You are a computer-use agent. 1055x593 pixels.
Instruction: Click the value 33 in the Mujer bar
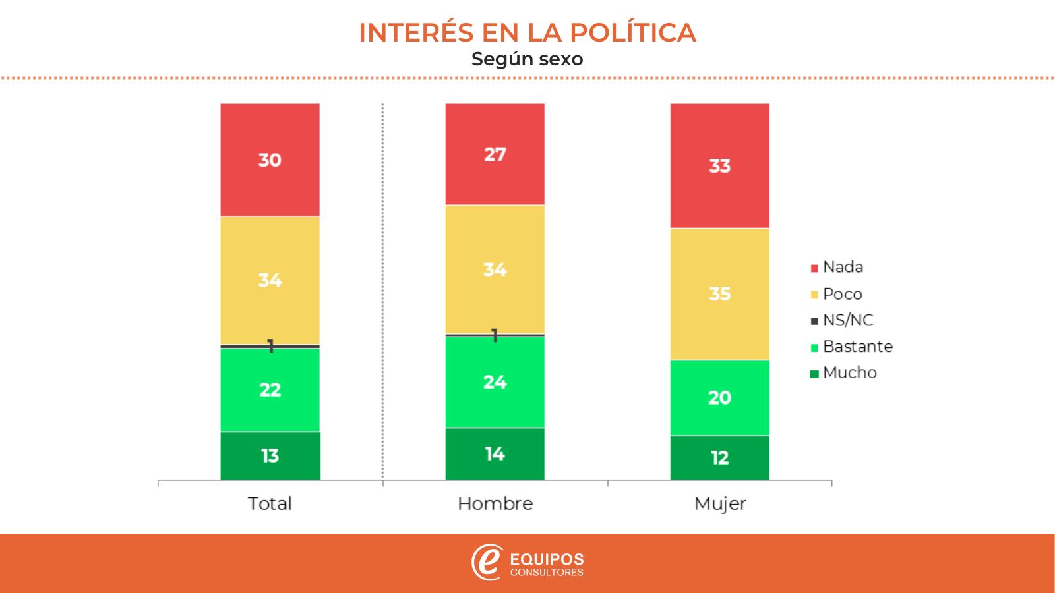[719, 166]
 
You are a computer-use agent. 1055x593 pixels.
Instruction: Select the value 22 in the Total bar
[270, 389]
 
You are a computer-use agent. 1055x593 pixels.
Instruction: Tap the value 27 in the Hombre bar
[495, 154]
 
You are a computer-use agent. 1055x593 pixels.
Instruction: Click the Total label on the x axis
[270, 504]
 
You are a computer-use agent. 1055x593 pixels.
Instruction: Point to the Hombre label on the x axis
[495, 504]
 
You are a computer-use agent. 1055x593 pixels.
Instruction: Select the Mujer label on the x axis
[720, 505]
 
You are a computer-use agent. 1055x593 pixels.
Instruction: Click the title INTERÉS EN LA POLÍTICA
[527, 33]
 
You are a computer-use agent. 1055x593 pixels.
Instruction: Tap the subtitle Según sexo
[527, 59]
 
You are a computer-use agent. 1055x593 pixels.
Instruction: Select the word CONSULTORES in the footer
[547, 573]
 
